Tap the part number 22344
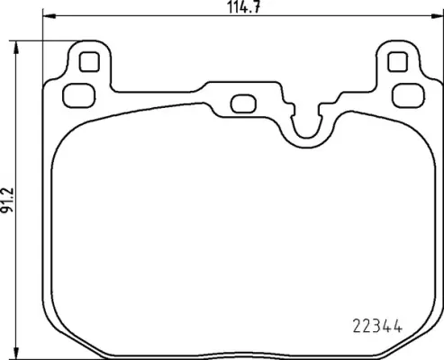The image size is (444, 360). (376, 327)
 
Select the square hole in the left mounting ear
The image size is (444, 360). (88, 61)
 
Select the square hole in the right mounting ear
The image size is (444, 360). (396, 61)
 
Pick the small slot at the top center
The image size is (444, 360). (242, 103)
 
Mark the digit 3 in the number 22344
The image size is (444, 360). (376, 327)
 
